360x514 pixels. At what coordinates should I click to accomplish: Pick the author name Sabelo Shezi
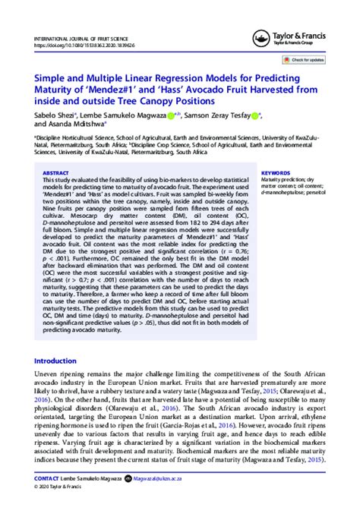pyautogui.click(x=55, y=115)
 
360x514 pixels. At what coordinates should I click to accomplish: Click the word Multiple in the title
pyautogui.click(x=109, y=78)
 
